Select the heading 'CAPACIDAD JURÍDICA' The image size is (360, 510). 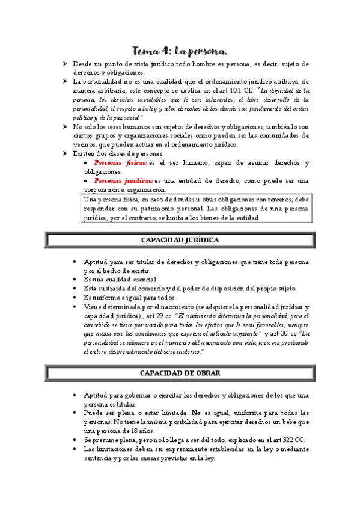click(x=180, y=239)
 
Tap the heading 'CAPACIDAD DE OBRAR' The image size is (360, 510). click(x=180, y=373)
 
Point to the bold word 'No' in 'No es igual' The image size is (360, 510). click(x=197, y=413)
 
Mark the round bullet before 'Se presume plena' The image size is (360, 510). click(x=73, y=440)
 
